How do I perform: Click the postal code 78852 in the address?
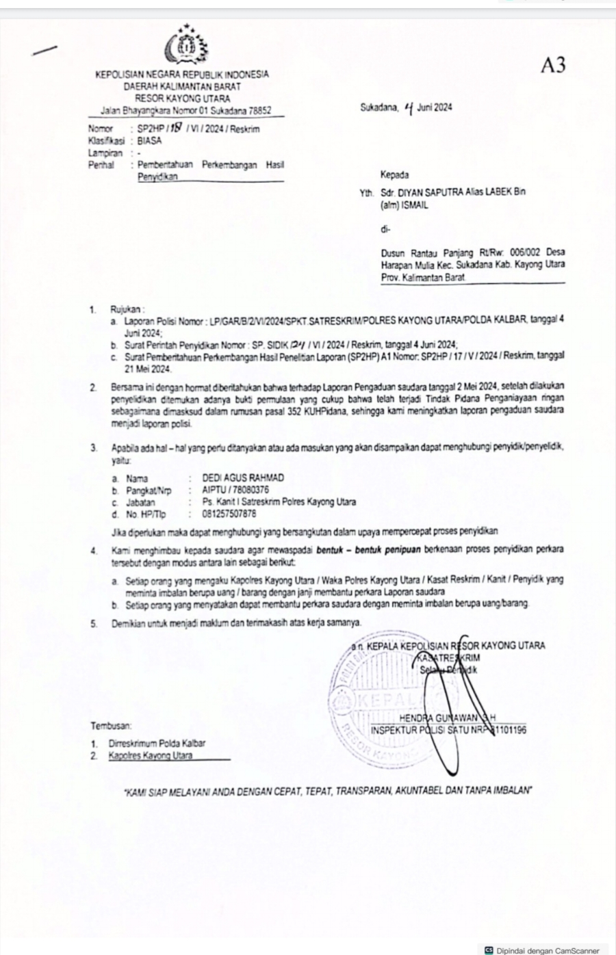[257, 109]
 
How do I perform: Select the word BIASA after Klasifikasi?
[149, 140]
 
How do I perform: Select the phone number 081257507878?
[229, 513]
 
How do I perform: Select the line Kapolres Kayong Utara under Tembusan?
[151, 755]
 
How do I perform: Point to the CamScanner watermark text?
[548, 950]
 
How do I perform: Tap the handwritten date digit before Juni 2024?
[409, 107]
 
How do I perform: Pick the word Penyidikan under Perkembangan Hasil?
[157, 176]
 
